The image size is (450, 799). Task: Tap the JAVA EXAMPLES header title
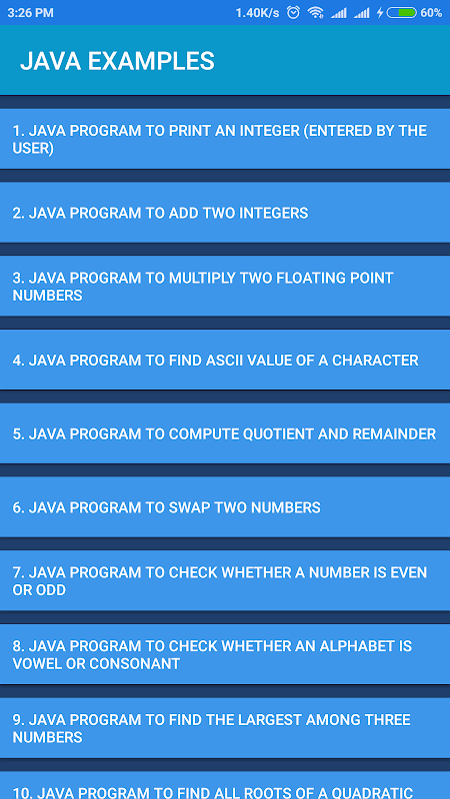(x=117, y=61)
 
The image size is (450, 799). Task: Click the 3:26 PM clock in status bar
(x=31, y=13)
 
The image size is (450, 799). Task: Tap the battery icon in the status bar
(x=402, y=13)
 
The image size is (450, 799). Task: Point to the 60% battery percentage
(x=431, y=13)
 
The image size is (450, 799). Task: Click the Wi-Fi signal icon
(x=316, y=13)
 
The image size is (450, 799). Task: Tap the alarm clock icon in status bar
(x=293, y=13)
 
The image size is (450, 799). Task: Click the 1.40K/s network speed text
(x=257, y=13)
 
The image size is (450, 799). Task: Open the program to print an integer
(x=225, y=139)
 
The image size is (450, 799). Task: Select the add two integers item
(x=225, y=213)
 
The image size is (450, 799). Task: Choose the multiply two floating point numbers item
(x=225, y=286)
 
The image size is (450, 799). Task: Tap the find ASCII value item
(x=225, y=360)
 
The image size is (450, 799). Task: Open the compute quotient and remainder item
(x=225, y=433)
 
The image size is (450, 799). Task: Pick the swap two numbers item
(x=225, y=507)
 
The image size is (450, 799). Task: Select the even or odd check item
(x=225, y=580)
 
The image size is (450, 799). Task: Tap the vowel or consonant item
(x=225, y=654)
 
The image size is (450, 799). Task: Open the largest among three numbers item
(x=225, y=728)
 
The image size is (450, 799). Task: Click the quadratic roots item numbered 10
(x=225, y=786)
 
